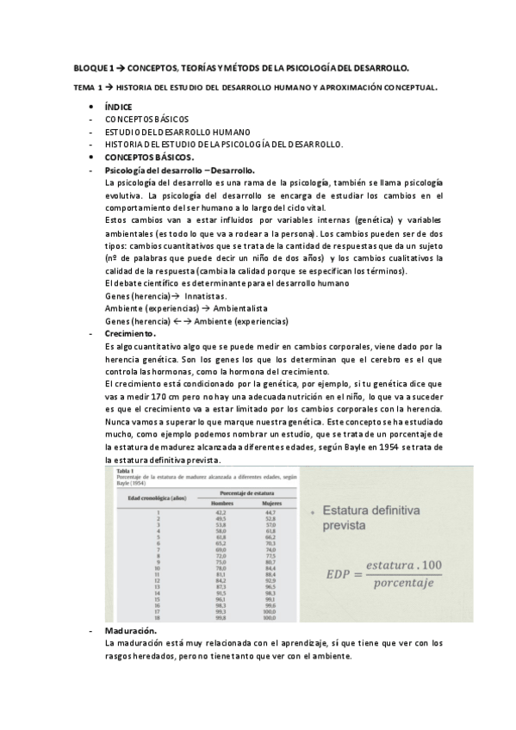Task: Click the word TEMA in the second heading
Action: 84,87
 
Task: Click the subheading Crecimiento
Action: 130,333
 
